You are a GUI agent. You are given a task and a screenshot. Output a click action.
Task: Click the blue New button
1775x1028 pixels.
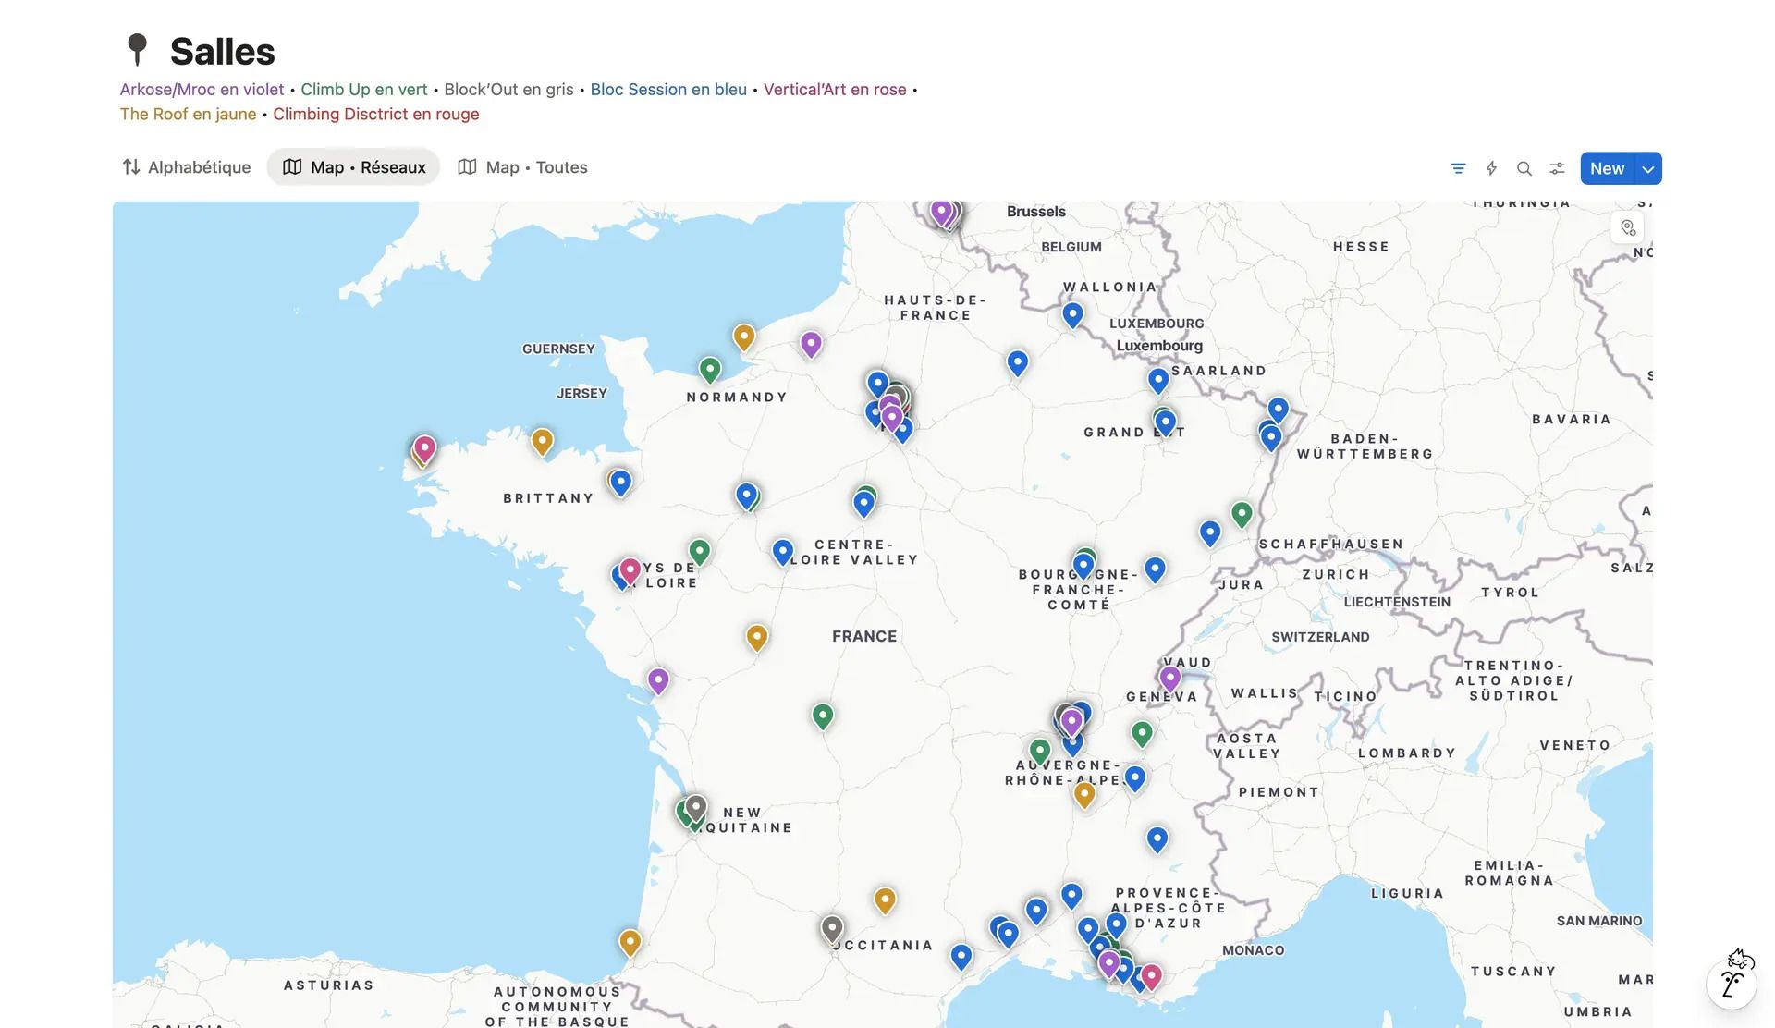[x=1607, y=168]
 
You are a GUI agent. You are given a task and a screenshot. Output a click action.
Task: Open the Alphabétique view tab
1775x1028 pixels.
[x=187, y=167]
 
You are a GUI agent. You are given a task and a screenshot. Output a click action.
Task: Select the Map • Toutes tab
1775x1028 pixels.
[x=523, y=167]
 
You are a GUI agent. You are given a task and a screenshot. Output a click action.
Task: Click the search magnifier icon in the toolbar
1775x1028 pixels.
[x=1524, y=168]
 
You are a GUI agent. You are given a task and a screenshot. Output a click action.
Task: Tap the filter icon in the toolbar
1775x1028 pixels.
[x=1458, y=168]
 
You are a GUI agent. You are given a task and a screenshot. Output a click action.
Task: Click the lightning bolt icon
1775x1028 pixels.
[x=1491, y=168]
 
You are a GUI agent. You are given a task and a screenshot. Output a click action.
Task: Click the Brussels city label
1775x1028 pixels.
[x=1035, y=212]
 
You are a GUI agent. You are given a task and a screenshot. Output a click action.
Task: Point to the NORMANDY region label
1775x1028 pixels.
[x=737, y=398]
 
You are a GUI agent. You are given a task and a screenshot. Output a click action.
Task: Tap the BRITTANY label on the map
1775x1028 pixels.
[x=548, y=498]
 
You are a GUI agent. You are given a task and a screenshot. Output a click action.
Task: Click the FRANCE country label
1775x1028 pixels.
[x=864, y=636]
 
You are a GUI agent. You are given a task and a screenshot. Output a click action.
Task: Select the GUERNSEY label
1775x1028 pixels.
[x=558, y=349]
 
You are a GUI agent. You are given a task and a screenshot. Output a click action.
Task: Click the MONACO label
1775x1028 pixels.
[x=1253, y=950]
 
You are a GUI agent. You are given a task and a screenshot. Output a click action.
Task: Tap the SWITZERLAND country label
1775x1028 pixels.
[x=1320, y=637]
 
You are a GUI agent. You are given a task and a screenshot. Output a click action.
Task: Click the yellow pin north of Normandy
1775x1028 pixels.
[x=744, y=336]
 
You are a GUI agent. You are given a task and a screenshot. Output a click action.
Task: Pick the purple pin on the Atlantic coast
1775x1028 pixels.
[x=658, y=680]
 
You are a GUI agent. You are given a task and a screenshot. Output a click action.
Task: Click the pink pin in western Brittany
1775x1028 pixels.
[x=424, y=448]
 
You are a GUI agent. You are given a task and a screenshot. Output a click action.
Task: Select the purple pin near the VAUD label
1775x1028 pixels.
[x=1169, y=678]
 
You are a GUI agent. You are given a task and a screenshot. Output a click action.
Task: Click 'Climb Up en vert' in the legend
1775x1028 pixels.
[x=363, y=90]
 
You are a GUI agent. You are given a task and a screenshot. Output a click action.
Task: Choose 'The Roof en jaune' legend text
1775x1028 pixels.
[x=188, y=115]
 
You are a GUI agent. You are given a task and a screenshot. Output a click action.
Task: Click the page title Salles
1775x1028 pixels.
[x=222, y=52]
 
